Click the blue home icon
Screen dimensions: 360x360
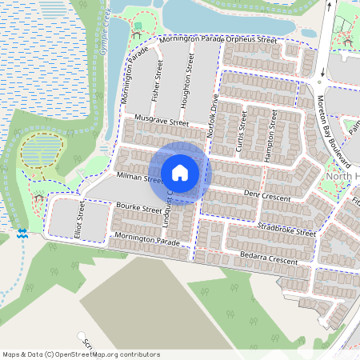point(180,172)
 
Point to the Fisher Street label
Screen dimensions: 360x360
point(158,80)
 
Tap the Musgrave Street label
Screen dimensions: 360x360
point(161,121)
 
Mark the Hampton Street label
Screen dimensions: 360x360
point(272,130)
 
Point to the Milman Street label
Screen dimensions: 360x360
point(139,178)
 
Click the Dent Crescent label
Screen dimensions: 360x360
point(265,194)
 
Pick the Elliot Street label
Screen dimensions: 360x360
point(82,218)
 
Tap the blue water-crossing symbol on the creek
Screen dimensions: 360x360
point(22,233)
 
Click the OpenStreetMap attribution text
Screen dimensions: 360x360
point(81,354)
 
